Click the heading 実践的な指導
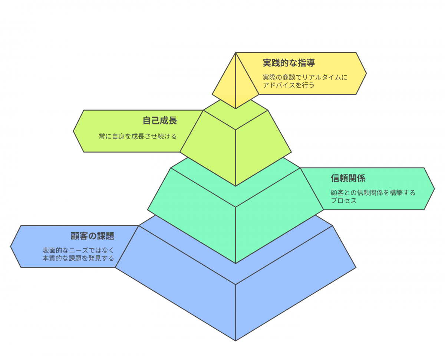[289, 63]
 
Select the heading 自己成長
[160, 120]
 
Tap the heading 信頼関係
[348, 178]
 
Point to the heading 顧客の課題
[92, 236]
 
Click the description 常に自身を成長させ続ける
[138, 136]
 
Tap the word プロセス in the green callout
[344, 200]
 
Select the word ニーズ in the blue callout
[79, 250]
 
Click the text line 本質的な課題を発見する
[78, 258]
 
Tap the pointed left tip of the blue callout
[11, 247]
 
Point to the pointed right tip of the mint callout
[434, 189]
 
